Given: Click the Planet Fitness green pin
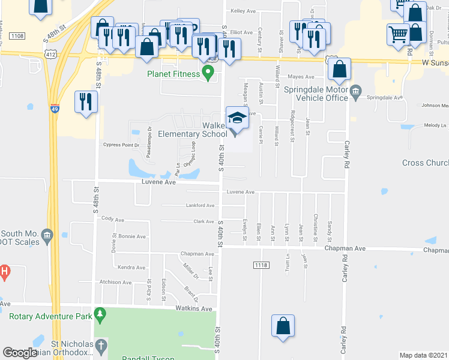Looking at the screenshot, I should pyautogui.click(x=208, y=75).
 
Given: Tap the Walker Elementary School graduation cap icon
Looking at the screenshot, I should pyautogui.click(x=237, y=117).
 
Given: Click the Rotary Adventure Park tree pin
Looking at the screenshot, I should pyautogui.click(x=100, y=314).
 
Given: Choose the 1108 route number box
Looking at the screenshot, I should pyautogui.click(x=17, y=36).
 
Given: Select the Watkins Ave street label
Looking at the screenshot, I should pyautogui.click(x=194, y=308).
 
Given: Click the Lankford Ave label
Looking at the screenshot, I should pyautogui.click(x=200, y=205).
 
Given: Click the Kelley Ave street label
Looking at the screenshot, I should pyautogui.click(x=243, y=11).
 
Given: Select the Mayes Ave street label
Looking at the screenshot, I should pyautogui.click(x=301, y=77).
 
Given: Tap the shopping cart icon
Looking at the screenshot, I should pyautogui.click(x=398, y=34).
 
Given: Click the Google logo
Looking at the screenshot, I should pyautogui.click(x=20, y=353).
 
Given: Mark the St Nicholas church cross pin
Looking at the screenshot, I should pyautogui.click(x=101, y=346).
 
